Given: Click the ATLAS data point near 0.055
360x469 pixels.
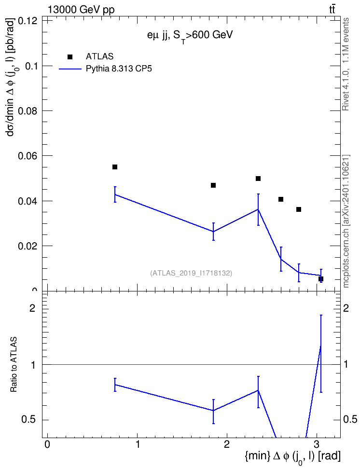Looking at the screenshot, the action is pyautogui.click(x=115, y=167).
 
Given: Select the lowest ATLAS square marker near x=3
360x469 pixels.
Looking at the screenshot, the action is pyautogui.click(x=321, y=279).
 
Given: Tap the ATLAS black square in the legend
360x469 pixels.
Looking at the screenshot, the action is pyautogui.click(x=70, y=57).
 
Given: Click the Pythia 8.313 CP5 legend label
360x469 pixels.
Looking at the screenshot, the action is pyautogui.click(x=119, y=69).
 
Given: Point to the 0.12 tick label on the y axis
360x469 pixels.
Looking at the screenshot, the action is pyautogui.click(x=28, y=21).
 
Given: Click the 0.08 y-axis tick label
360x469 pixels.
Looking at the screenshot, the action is pyautogui.click(x=28, y=111).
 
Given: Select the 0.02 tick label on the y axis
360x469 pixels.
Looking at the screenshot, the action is pyautogui.click(x=28, y=246).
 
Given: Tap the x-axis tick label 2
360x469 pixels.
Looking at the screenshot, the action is pyautogui.click(x=227, y=444).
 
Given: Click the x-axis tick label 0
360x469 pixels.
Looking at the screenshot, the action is pyautogui.click(x=47, y=444).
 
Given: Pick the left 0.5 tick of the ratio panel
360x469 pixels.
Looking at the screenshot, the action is pyautogui.click(x=29, y=420).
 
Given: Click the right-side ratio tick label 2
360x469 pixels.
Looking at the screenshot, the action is pyautogui.click(x=346, y=308).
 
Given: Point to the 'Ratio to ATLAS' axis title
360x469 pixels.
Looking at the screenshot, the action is pyautogui.click(x=14, y=365).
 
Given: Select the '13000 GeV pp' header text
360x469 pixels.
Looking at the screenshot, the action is pyautogui.click(x=81, y=10).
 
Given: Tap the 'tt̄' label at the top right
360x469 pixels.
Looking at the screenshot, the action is pyautogui.click(x=332, y=10).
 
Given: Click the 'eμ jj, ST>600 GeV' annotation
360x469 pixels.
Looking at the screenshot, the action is pyautogui.click(x=190, y=36).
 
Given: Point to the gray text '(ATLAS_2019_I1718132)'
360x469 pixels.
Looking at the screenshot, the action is pyautogui.click(x=191, y=273).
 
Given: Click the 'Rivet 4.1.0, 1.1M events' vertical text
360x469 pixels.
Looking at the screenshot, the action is pyautogui.click(x=346, y=64).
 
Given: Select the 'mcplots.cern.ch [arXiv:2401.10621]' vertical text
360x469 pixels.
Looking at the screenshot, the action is pyautogui.click(x=346, y=221).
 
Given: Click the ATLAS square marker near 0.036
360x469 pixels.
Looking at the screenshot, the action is pyautogui.click(x=299, y=209).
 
